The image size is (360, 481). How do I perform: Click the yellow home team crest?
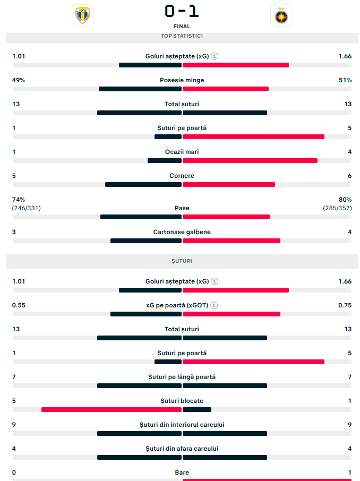click(x=82, y=15)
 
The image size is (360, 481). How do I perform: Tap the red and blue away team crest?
click(x=281, y=15)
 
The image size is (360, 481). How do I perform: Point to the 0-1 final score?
click(x=182, y=11)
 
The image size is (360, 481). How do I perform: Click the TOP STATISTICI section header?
click(x=182, y=36)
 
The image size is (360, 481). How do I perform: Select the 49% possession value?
click(x=19, y=80)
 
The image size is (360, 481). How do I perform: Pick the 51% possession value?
click(x=345, y=80)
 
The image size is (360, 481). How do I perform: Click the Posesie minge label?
click(x=182, y=80)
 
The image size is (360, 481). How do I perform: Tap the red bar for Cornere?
click(x=229, y=185)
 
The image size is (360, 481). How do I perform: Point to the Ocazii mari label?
click(x=182, y=152)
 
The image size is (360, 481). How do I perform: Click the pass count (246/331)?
click(x=26, y=208)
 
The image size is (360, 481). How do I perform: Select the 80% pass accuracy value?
click(x=345, y=200)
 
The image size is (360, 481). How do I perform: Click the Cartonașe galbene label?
click(x=182, y=232)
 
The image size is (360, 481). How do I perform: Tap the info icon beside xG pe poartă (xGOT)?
click(x=215, y=305)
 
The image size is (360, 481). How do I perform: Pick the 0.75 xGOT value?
click(x=345, y=305)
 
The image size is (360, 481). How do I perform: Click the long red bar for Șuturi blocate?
click(x=112, y=410)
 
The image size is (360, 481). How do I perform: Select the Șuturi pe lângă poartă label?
click(x=182, y=377)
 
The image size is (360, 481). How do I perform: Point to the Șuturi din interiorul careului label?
click(x=182, y=425)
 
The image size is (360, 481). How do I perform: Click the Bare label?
click(x=182, y=473)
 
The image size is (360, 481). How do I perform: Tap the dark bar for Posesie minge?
click(x=140, y=89)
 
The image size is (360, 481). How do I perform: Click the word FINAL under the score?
click(x=182, y=26)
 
